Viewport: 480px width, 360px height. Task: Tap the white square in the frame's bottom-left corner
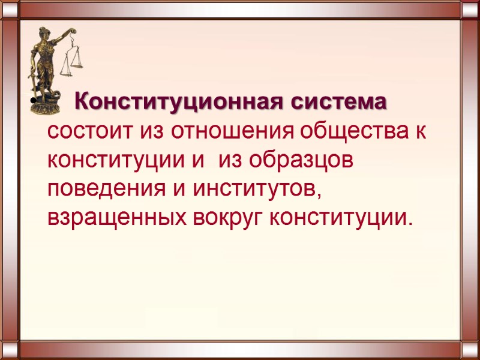(10, 350)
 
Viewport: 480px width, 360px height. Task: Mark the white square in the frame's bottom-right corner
(470, 350)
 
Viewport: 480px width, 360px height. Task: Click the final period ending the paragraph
(410, 224)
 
